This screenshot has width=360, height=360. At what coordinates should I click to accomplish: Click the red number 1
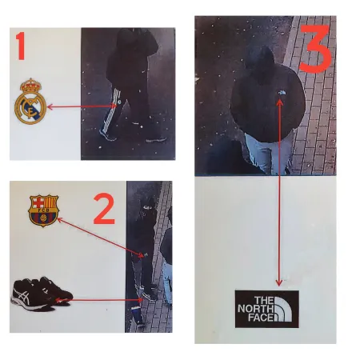[x=21, y=47]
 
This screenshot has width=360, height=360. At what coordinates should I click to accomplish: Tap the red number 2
[x=104, y=209]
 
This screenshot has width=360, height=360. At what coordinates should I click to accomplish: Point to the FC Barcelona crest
[x=43, y=210]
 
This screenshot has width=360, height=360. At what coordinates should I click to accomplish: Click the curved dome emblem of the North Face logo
[x=286, y=309]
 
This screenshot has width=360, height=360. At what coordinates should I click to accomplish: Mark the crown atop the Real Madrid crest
[x=31, y=85]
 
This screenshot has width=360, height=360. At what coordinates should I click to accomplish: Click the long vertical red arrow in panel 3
[x=278, y=192]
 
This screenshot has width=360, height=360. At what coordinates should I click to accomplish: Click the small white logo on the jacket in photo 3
[x=280, y=94]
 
